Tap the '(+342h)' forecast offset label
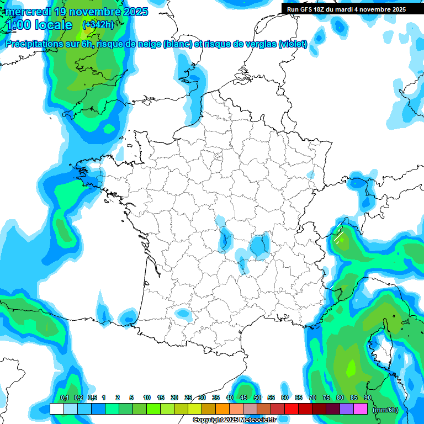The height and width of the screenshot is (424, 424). pyautogui.click(x=98, y=24)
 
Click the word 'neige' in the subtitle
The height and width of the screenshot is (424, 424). pyautogui.click(x=145, y=44)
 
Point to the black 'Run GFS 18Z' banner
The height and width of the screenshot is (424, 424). pyautogui.click(x=346, y=9)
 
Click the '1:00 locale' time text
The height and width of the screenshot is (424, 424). pyautogui.click(x=39, y=25)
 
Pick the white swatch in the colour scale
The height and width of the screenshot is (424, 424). pyautogui.click(x=56, y=409)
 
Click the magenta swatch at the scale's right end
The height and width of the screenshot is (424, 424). pyautogui.click(x=361, y=409)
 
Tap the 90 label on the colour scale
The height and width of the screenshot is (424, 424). pyautogui.click(x=367, y=397)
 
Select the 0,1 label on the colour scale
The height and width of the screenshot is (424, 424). pyautogui.click(x=64, y=397)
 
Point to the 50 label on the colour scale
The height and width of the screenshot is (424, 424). pyautogui.click(x=257, y=397)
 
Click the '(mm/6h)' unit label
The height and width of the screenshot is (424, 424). pyautogui.click(x=385, y=410)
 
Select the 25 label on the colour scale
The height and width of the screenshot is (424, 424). pyautogui.click(x=188, y=397)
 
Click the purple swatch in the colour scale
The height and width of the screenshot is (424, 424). pyautogui.click(x=347, y=409)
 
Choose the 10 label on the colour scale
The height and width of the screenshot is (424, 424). pyautogui.click(x=147, y=397)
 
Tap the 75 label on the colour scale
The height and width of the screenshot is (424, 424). pyautogui.click(x=326, y=397)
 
